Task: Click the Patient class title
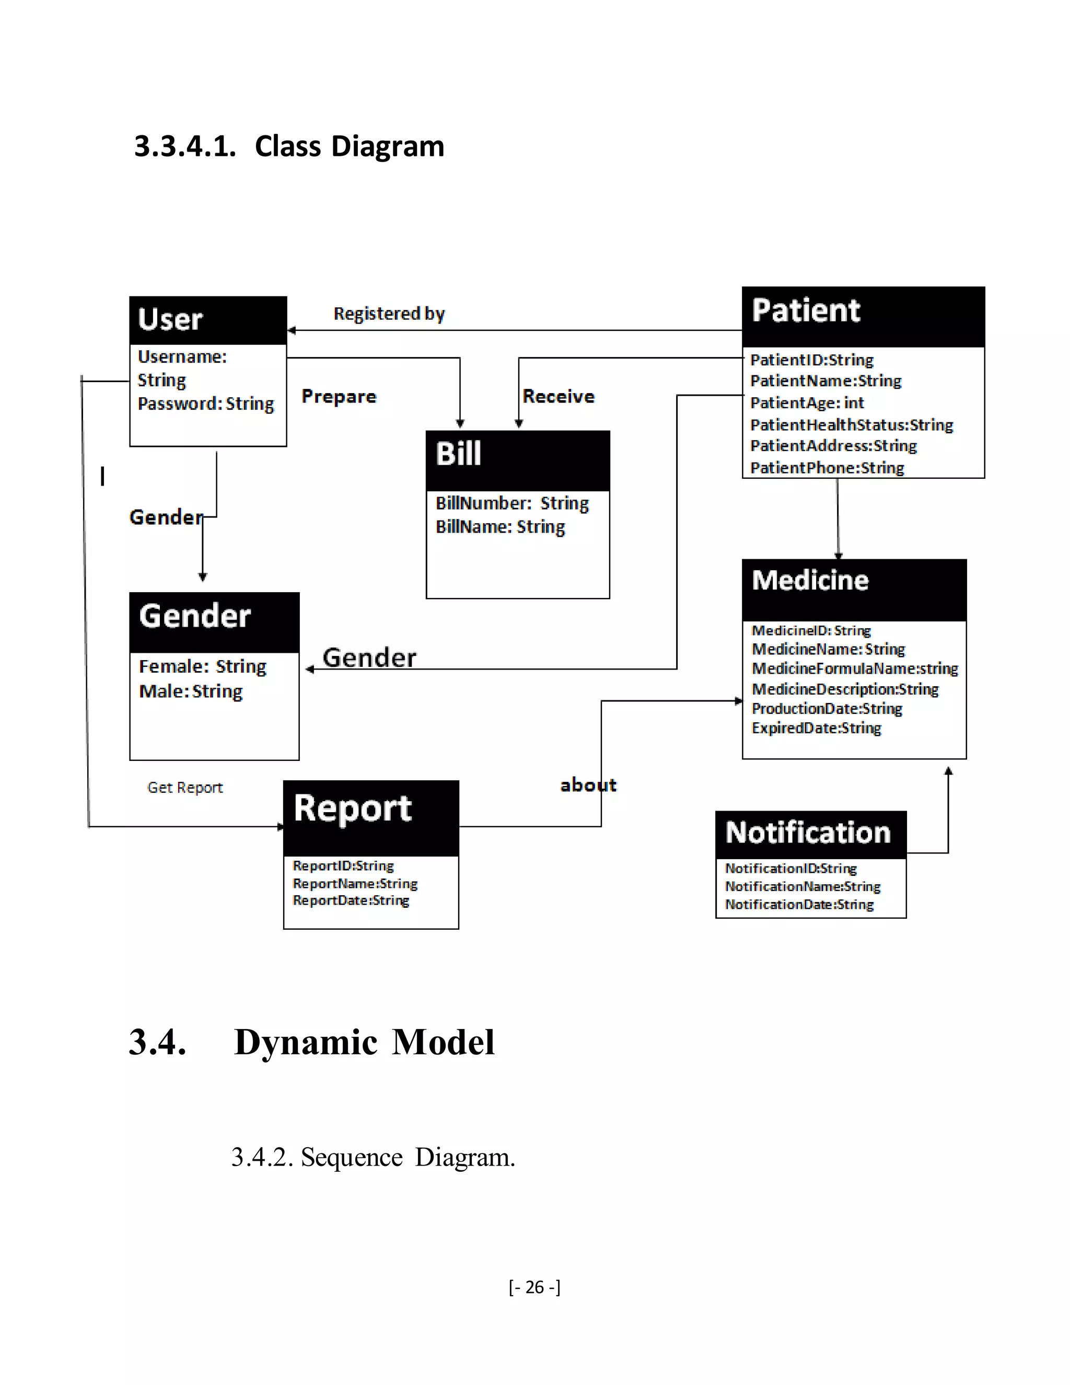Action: click(x=806, y=311)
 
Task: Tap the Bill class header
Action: click(x=458, y=454)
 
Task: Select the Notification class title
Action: click(x=808, y=833)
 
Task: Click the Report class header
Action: click(x=353, y=809)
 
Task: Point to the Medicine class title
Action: click(x=810, y=581)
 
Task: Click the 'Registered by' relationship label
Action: click(x=389, y=314)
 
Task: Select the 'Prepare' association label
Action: click(x=339, y=397)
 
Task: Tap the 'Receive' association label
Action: click(x=559, y=397)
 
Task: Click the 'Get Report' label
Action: click(x=185, y=788)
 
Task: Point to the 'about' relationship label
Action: click(x=588, y=786)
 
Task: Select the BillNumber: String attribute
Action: click(x=512, y=503)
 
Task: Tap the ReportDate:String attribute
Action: click(x=351, y=901)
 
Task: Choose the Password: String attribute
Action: click(x=206, y=404)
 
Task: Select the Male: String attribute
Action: click(x=191, y=691)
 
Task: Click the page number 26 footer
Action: click(x=534, y=1287)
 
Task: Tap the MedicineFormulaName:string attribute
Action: click(x=854, y=669)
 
